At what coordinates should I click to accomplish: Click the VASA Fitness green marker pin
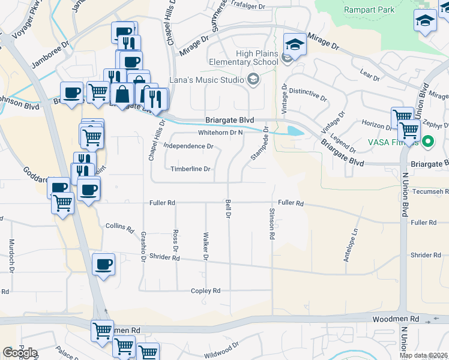click(427, 142)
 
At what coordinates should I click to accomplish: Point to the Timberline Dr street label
click(190, 169)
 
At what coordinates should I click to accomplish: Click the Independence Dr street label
click(188, 146)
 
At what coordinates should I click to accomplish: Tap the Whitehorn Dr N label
click(220, 133)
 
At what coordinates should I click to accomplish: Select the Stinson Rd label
click(272, 224)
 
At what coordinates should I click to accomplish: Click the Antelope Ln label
click(355, 239)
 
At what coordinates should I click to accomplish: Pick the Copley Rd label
click(206, 290)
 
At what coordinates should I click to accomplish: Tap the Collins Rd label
click(119, 227)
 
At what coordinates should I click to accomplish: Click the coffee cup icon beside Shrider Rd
click(103, 265)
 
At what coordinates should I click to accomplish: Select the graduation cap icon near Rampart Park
click(425, 20)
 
